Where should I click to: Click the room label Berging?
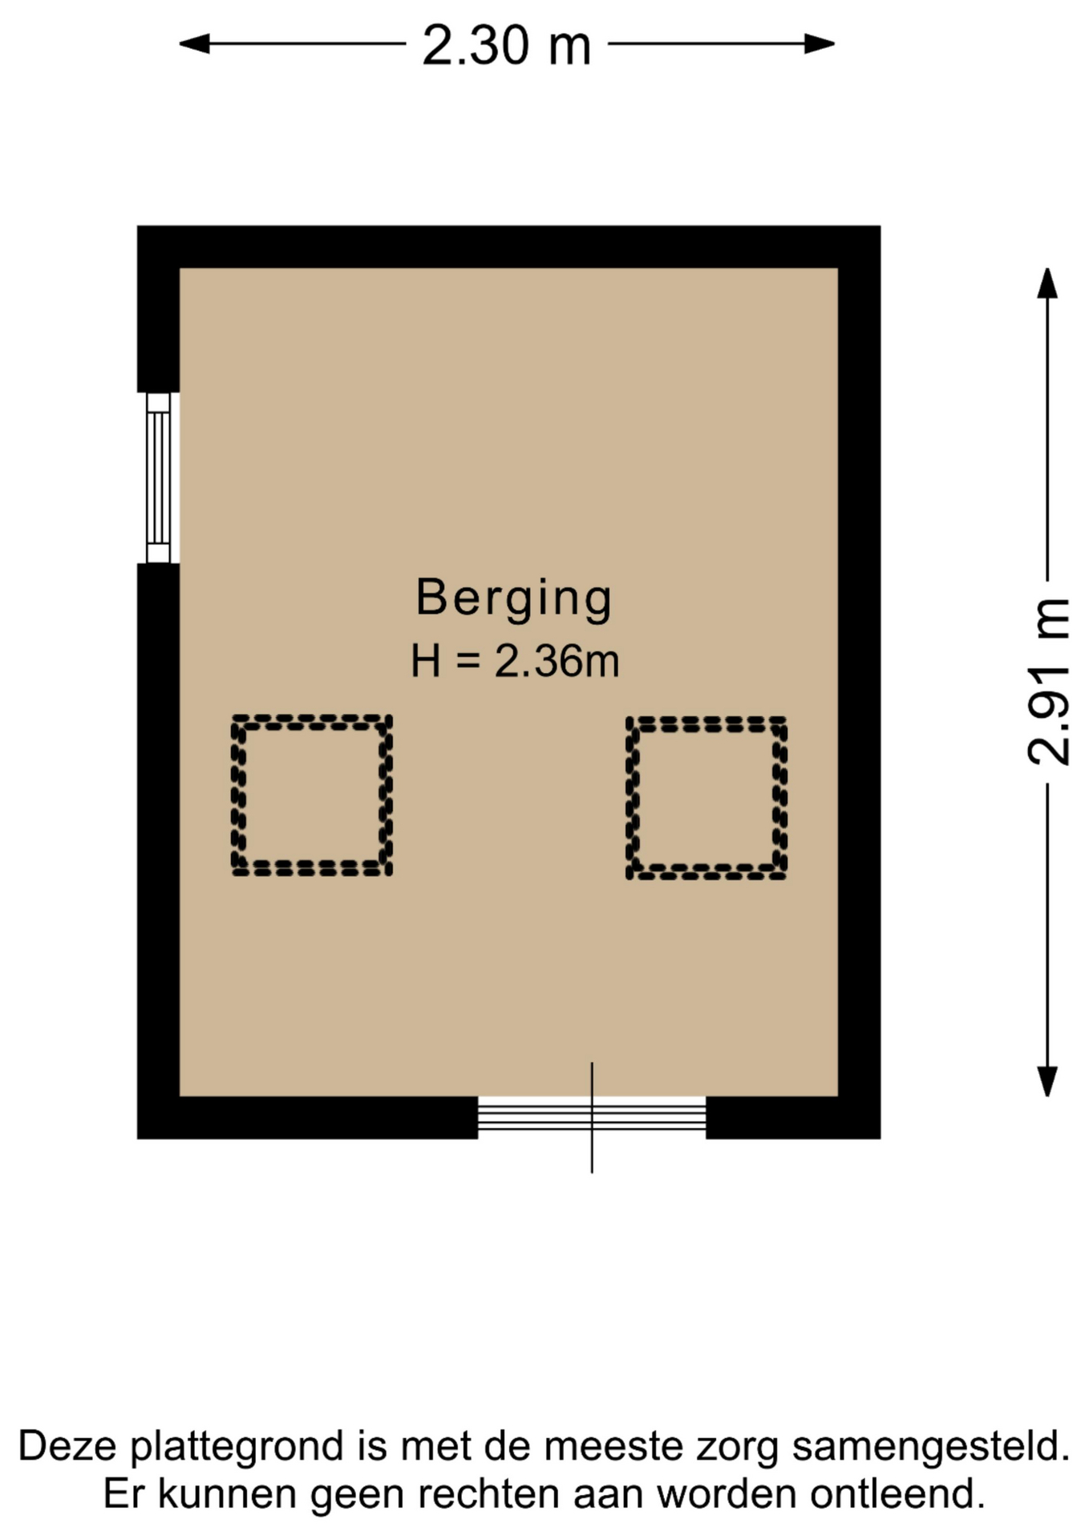click(514, 599)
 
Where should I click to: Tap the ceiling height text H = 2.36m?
click(515, 662)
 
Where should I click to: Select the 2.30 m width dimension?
click(507, 44)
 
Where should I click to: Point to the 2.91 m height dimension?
click(1047, 682)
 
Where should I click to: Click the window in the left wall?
click(159, 478)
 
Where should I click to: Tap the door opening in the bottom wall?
click(592, 1117)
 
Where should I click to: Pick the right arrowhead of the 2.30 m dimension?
click(820, 44)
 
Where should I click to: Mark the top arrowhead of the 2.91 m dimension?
click(1047, 282)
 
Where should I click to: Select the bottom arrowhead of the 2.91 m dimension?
click(1047, 1082)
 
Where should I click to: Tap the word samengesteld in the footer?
click(931, 1446)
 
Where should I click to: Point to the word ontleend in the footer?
click(897, 1493)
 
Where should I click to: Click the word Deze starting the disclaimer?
click(68, 1446)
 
